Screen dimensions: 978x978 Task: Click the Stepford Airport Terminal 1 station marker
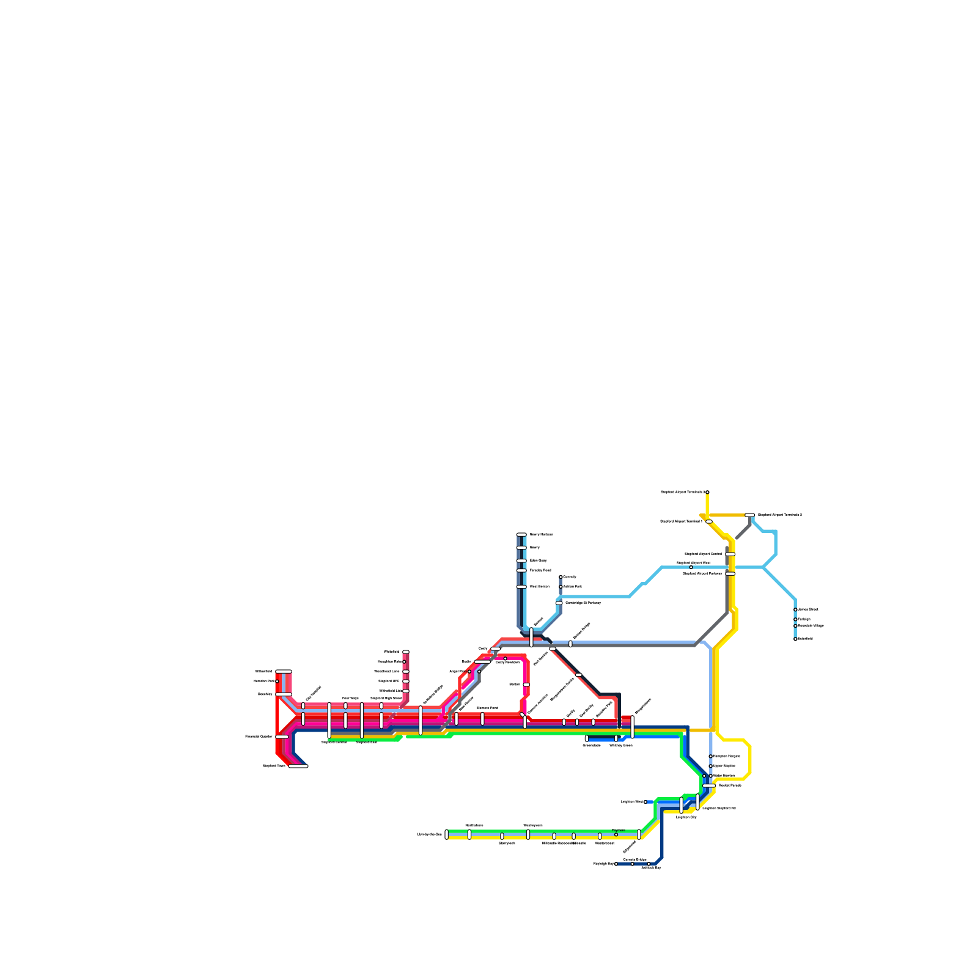pyautogui.click(x=708, y=521)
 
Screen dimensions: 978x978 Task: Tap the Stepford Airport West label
pyautogui.click(x=693, y=562)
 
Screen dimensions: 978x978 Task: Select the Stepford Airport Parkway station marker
pyautogui.click(x=730, y=573)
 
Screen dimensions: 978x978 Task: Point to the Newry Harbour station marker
pyautogui.click(x=521, y=534)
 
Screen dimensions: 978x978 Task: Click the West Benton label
pyautogui.click(x=539, y=586)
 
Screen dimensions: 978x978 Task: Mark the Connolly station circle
pyautogui.click(x=561, y=576)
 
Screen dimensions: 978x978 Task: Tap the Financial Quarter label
pyautogui.click(x=259, y=736)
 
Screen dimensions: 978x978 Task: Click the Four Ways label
pyautogui.click(x=350, y=698)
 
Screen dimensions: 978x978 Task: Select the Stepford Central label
pyautogui.click(x=334, y=742)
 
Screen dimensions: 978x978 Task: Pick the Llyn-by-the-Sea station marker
pyautogui.click(x=446, y=834)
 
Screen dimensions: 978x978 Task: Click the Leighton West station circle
pyautogui.click(x=645, y=802)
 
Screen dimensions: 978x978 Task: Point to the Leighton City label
pyautogui.click(x=686, y=817)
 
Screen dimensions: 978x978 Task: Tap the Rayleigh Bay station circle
pyautogui.click(x=616, y=864)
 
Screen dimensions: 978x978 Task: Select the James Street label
pyautogui.click(x=807, y=609)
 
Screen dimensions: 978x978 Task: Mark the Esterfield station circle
pyautogui.click(x=795, y=639)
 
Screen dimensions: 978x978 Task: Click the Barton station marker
pyautogui.click(x=526, y=685)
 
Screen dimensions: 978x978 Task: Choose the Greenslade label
pyautogui.click(x=591, y=746)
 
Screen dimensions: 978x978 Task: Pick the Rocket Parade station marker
pyautogui.click(x=709, y=785)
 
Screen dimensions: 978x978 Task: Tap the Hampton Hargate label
pyautogui.click(x=727, y=756)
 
